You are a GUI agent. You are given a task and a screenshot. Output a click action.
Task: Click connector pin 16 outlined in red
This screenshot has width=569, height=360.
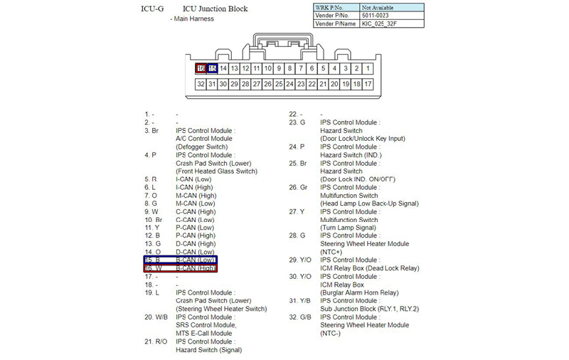[201, 68]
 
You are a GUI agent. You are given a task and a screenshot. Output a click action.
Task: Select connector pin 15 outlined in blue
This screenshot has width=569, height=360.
[212, 68]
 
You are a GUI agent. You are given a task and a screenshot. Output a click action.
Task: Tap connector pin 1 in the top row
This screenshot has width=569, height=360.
[368, 68]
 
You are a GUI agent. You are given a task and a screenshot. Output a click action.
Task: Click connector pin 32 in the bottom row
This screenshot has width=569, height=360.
[201, 84]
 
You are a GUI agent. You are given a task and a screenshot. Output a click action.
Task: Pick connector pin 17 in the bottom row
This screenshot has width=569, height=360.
[368, 84]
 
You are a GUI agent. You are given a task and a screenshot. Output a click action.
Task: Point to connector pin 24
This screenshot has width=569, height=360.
[290, 84]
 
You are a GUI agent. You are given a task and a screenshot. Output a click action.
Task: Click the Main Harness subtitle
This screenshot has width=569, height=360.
[193, 18]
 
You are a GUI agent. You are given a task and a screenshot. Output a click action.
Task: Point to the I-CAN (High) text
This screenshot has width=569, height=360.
[195, 187]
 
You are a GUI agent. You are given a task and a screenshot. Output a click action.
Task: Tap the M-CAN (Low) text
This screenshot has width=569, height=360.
[195, 203]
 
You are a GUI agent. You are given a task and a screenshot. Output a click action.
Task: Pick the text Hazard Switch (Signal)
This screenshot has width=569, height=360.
[209, 349]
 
